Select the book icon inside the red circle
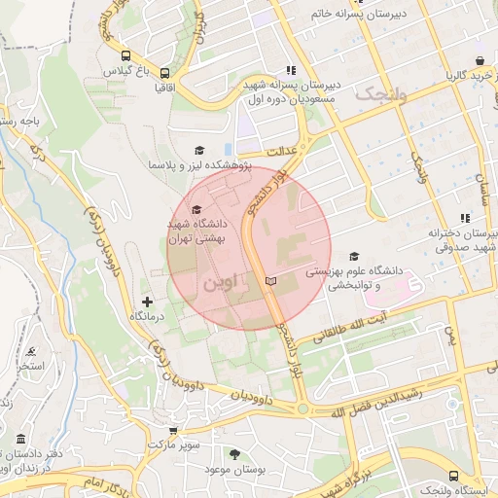point(270,280)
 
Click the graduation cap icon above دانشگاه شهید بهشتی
point(196,209)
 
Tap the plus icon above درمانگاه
point(147,302)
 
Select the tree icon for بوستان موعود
point(233,453)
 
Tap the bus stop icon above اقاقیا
point(164,72)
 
